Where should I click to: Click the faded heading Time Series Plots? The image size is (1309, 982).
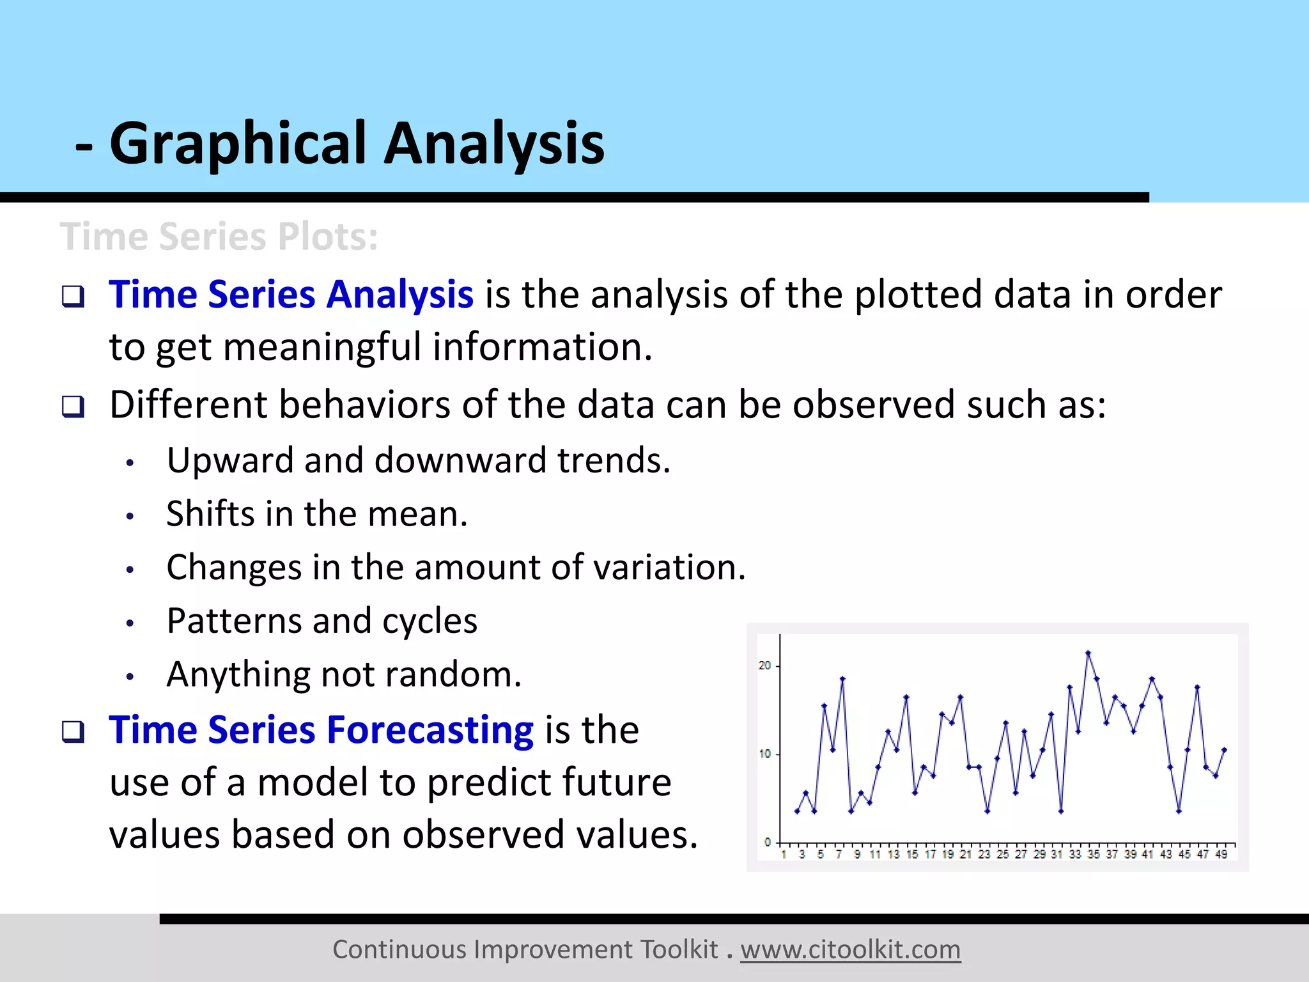(219, 237)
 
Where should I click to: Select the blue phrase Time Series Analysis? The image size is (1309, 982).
(291, 295)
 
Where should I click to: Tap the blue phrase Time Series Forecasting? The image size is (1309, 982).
(321, 730)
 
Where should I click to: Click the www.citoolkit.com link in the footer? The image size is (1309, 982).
(850, 950)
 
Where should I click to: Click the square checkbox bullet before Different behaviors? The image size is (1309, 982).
(73, 406)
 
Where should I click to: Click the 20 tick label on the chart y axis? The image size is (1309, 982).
(764, 666)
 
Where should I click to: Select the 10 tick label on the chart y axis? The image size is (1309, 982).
(764, 754)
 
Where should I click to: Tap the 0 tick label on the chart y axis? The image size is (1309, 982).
(768, 842)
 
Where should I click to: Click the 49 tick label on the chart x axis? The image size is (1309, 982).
(1221, 854)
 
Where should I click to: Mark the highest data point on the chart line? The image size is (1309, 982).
(1088, 653)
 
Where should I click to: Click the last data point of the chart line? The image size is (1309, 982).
(1224, 749)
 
